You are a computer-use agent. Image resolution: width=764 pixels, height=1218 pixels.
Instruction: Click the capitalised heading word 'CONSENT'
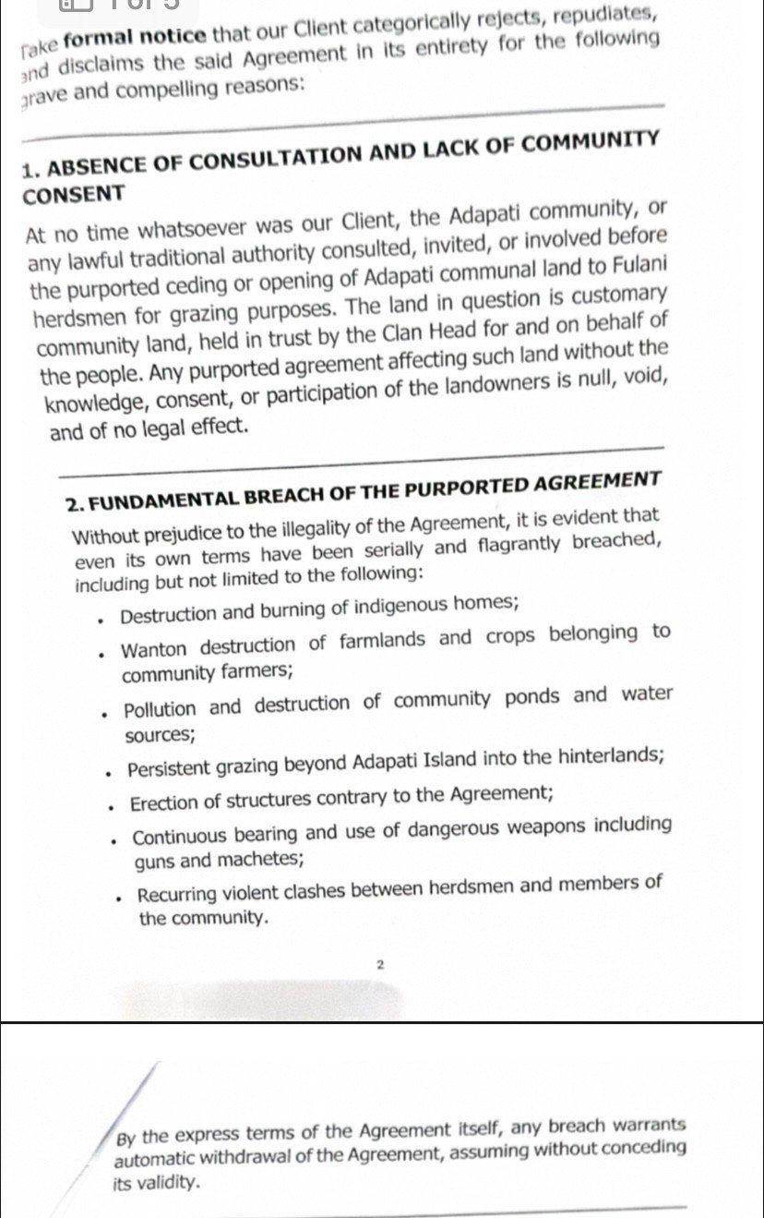point(73,196)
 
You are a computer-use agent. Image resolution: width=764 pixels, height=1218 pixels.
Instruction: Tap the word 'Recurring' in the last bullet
point(178,894)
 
